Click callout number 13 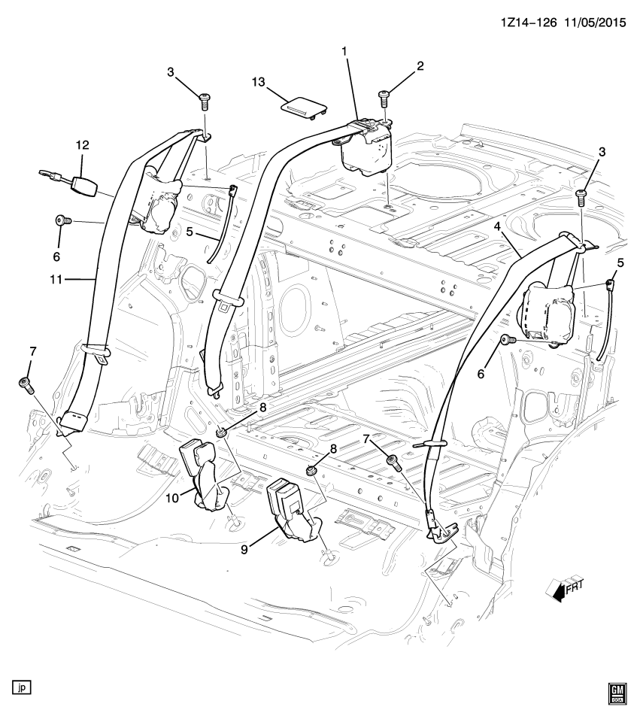[x=258, y=82]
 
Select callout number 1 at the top [x=344, y=52]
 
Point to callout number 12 [x=83, y=145]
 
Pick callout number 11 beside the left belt [x=56, y=280]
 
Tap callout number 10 [x=172, y=498]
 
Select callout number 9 [x=244, y=549]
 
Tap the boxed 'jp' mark [x=22, y=687]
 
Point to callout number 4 [x=497, y=226]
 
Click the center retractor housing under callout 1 [x=365, y=149]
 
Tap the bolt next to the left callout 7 [x=26, y=385]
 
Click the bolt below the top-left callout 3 [x=205, y=102]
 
